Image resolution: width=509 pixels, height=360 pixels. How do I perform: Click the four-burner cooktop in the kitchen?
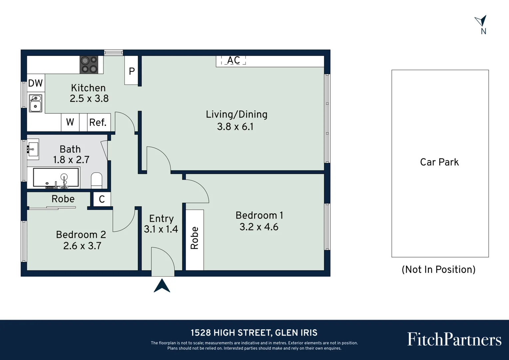coord(89,65)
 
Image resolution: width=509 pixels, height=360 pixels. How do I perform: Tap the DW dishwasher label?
coord(35,83)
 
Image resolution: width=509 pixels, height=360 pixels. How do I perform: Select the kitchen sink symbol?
coord(35,103)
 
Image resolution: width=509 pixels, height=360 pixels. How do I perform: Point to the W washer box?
coord(70,122)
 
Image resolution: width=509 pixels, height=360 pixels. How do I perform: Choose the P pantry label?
coord(132,71)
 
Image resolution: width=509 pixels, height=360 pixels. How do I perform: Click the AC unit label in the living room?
coord(234,60)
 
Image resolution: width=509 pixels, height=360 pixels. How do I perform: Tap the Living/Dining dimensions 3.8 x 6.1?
coord(235,127)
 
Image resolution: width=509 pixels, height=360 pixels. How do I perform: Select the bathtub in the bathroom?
coord(56,177)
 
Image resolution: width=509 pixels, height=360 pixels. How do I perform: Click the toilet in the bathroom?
coord(97,180)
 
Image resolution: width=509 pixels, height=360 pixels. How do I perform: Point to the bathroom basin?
coord(33,149)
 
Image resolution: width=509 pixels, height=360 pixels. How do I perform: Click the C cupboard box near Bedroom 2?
coord(102,199)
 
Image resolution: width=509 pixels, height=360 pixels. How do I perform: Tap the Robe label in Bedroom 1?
coord(195,238)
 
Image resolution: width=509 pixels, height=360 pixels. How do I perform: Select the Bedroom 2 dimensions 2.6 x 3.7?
coord(82,246)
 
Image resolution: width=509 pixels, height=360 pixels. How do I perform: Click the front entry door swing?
coord(163,262)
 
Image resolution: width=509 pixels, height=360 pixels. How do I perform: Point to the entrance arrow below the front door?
coord(162,286)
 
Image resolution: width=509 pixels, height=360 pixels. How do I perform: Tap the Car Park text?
coord(439,162)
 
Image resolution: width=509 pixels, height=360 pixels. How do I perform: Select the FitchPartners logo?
coord(454,339)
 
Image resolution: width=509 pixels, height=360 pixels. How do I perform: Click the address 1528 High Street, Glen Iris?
coord(254,333)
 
